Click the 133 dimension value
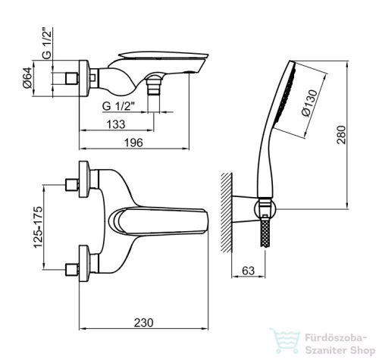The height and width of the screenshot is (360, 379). coord(116,124)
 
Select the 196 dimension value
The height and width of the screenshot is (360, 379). coord(133,142)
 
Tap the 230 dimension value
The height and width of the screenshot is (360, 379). coord(143,323)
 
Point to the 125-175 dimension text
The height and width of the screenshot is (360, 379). coord(38,227)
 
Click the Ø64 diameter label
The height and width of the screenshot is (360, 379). coord(28,77)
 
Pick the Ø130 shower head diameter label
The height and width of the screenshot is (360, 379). coord(310,103)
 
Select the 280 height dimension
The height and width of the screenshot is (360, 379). coord(341,135)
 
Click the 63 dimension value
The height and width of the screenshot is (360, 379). coord(248,271)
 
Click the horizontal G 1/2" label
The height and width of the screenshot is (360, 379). coord(117,106)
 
